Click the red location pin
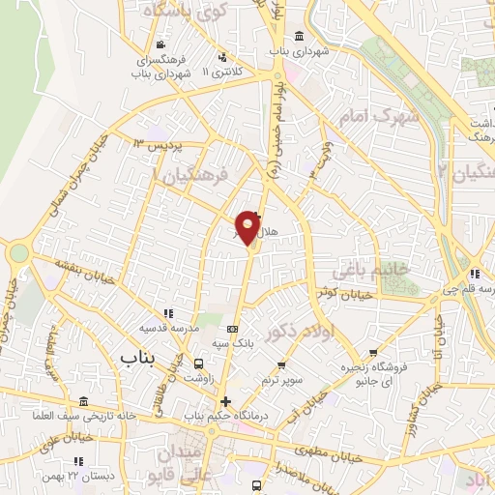point(248,226)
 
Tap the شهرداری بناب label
point(299,49)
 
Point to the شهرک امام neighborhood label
point(370,116)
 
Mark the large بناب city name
point(138,359)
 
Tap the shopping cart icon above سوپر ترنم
point(281,365)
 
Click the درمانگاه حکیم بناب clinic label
point(226,416)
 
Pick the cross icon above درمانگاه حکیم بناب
point(225,401)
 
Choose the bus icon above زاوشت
point(198,364)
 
